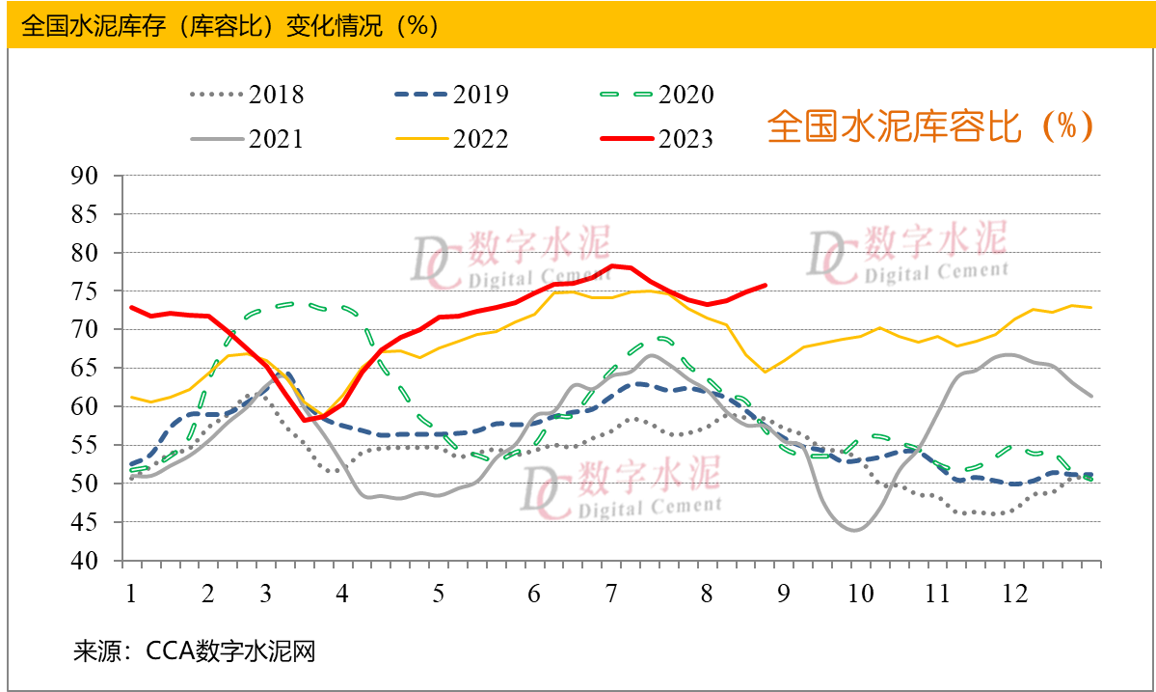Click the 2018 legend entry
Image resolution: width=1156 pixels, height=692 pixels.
pos(248,95)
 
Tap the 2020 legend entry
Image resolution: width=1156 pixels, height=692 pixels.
pos(657,95)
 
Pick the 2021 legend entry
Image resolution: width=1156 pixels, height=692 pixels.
pos(248,139)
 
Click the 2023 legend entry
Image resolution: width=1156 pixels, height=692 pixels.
pos(657,139)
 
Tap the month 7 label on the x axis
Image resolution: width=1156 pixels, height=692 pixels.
pos(611,593)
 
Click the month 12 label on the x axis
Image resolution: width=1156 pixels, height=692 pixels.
pos(1013,593)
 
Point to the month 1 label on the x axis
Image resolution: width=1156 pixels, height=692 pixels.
pos(130,593)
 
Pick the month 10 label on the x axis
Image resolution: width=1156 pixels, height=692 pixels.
pos(860,593)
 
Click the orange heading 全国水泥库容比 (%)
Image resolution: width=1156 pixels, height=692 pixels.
pos(930,127)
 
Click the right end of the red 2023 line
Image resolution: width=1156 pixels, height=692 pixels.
pos(766,285)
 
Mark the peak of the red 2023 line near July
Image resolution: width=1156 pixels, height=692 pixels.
pos(612,265)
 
